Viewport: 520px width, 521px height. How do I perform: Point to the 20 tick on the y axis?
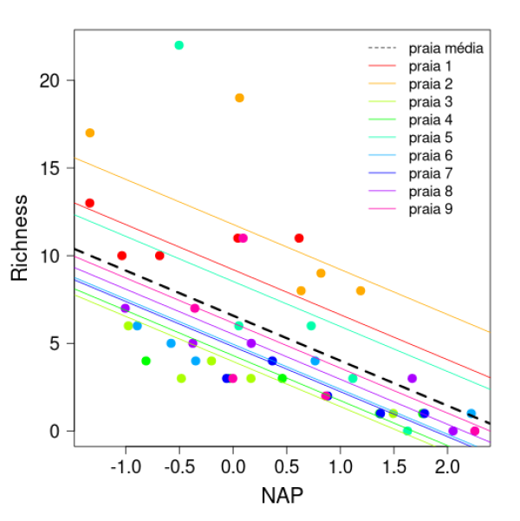coord(51,81)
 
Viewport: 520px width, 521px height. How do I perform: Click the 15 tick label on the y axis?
coord(51,168)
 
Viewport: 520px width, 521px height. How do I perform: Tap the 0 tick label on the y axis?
coord(56,431)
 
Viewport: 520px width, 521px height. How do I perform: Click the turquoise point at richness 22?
coord(179,45)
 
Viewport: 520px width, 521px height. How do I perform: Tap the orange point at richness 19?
coord(239,98)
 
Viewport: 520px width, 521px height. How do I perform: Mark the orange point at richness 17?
coord(90,133)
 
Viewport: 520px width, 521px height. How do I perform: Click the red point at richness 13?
coord(90,203)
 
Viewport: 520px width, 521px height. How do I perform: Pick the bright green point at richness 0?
coord(407,431)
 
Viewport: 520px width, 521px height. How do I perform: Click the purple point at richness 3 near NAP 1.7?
coord(413,378)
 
